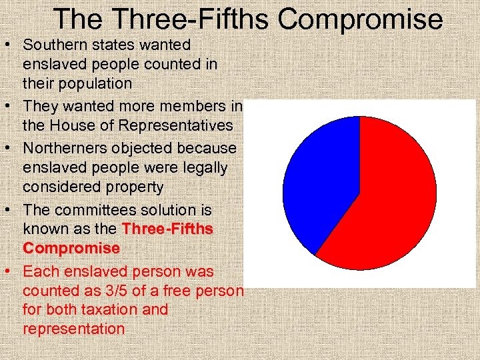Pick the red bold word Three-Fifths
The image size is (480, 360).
point(167,229)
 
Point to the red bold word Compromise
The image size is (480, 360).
point(71,248)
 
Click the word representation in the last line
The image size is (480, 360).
point(73,329)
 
